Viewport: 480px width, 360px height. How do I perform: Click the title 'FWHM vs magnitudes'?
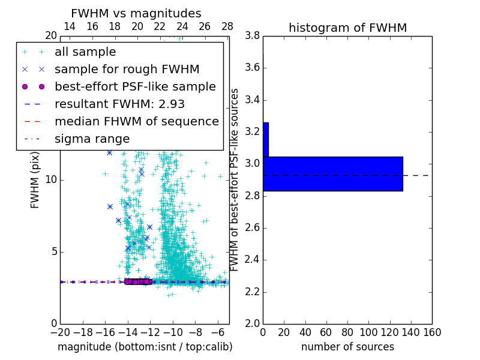point(136,14)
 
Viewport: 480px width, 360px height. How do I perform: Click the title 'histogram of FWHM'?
point(347,28)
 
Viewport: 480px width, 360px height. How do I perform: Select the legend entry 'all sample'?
point(85,52)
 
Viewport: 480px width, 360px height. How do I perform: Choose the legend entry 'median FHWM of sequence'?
point(136,122)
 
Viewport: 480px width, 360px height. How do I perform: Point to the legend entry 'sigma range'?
point(92,139)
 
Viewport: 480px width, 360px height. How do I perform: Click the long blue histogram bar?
point(332,174)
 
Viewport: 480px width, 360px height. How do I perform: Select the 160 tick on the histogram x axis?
point(431,332)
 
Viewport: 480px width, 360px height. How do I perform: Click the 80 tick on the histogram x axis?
point(347,332)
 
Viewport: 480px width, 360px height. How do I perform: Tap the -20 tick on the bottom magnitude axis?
point(60,332)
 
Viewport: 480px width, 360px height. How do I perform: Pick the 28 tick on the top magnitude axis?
point(227,27)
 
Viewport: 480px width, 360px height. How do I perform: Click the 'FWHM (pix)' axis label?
point(35,179)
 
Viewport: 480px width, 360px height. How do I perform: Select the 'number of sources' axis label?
point(347,347)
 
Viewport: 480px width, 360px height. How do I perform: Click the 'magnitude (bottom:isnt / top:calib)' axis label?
point(145,347)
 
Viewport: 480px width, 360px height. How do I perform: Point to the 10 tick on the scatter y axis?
point(50,179)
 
